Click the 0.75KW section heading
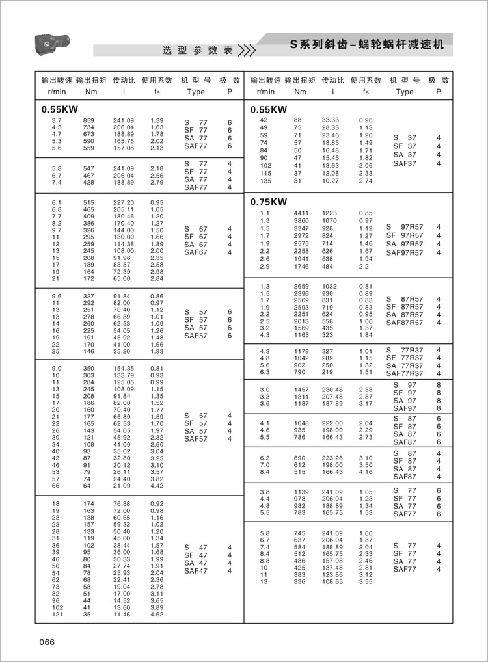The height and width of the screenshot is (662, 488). [x=269, y=202]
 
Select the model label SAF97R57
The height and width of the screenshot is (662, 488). [x=405, y=254]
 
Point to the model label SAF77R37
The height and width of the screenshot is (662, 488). [x=405, y=373]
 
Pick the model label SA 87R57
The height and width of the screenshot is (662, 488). [x=405, y=315]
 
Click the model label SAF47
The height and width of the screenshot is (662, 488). [x=196, y=571]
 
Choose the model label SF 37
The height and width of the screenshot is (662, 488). [x=405, y=146]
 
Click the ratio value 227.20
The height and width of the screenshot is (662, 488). [x=124, y=202]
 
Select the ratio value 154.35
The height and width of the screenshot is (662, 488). [x=124, y=368]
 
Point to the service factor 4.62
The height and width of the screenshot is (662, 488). [x=157, y=614]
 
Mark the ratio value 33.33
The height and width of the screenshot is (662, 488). [x=331, y=120]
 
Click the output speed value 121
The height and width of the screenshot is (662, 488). [x=57, y=614]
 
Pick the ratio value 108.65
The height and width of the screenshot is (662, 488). [x=332, y=581]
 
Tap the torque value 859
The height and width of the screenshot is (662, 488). [x=88, y=120]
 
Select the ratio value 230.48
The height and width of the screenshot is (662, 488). [x=332, y=389]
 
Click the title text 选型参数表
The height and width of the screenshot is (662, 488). [x=197, y=50]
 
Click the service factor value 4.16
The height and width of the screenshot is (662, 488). [x=366, y=472]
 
